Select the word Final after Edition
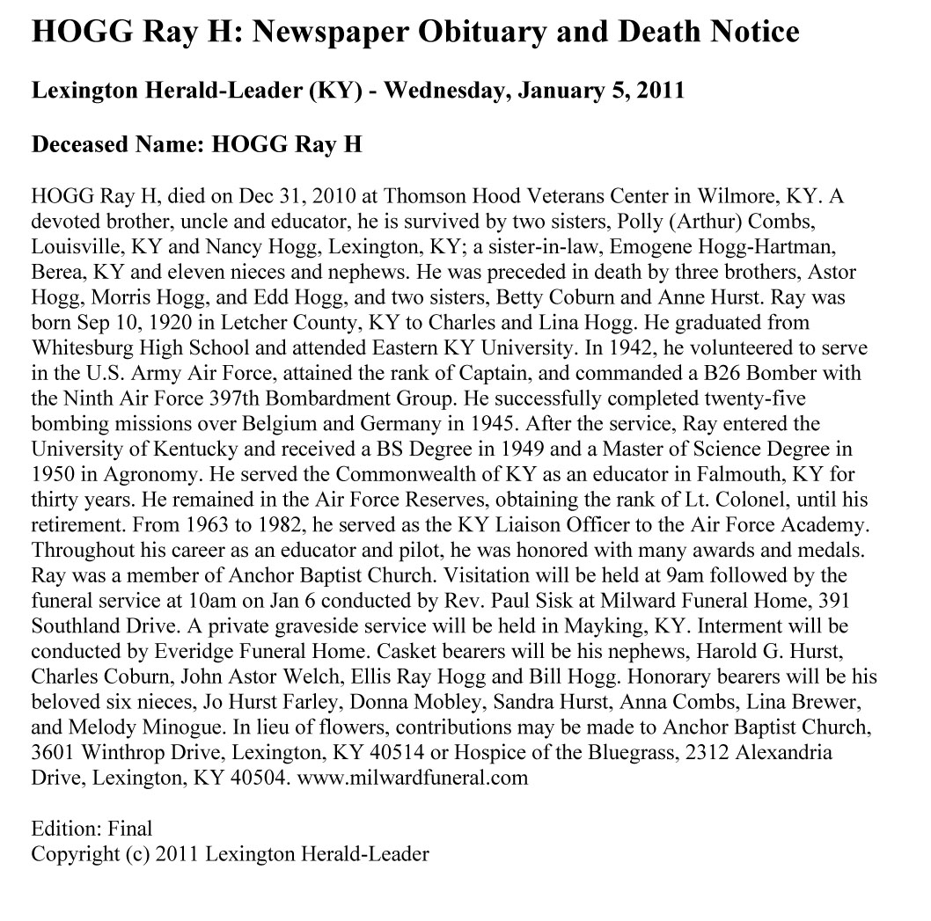(130, 829)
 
